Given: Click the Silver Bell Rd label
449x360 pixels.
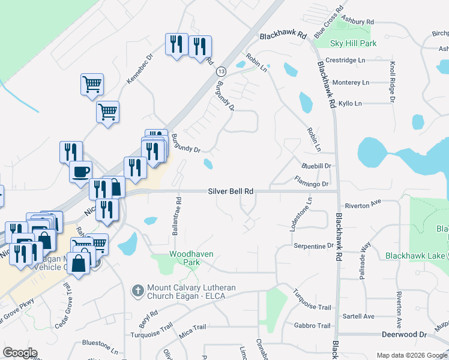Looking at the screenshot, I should [231, 191].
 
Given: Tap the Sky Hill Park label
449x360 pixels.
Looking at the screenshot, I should [354, 43].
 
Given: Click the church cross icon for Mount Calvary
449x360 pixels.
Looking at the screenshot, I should [137, 290].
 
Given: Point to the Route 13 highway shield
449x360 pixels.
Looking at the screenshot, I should [221, 71].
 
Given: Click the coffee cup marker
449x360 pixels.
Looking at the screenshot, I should [81, 172].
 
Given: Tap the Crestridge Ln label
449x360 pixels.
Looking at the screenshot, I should [345, 61].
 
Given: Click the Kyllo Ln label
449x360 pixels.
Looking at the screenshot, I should [350, 104].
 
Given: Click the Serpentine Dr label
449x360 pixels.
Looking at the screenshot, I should [313, 246].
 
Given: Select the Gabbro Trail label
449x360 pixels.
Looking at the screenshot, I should [312, 326].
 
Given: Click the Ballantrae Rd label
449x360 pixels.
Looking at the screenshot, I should [178, 214].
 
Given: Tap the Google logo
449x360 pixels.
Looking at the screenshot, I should [20, 353].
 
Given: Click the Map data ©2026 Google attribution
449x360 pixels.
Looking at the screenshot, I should [411, 355].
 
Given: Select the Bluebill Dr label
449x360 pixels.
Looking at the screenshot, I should [316, 166].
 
